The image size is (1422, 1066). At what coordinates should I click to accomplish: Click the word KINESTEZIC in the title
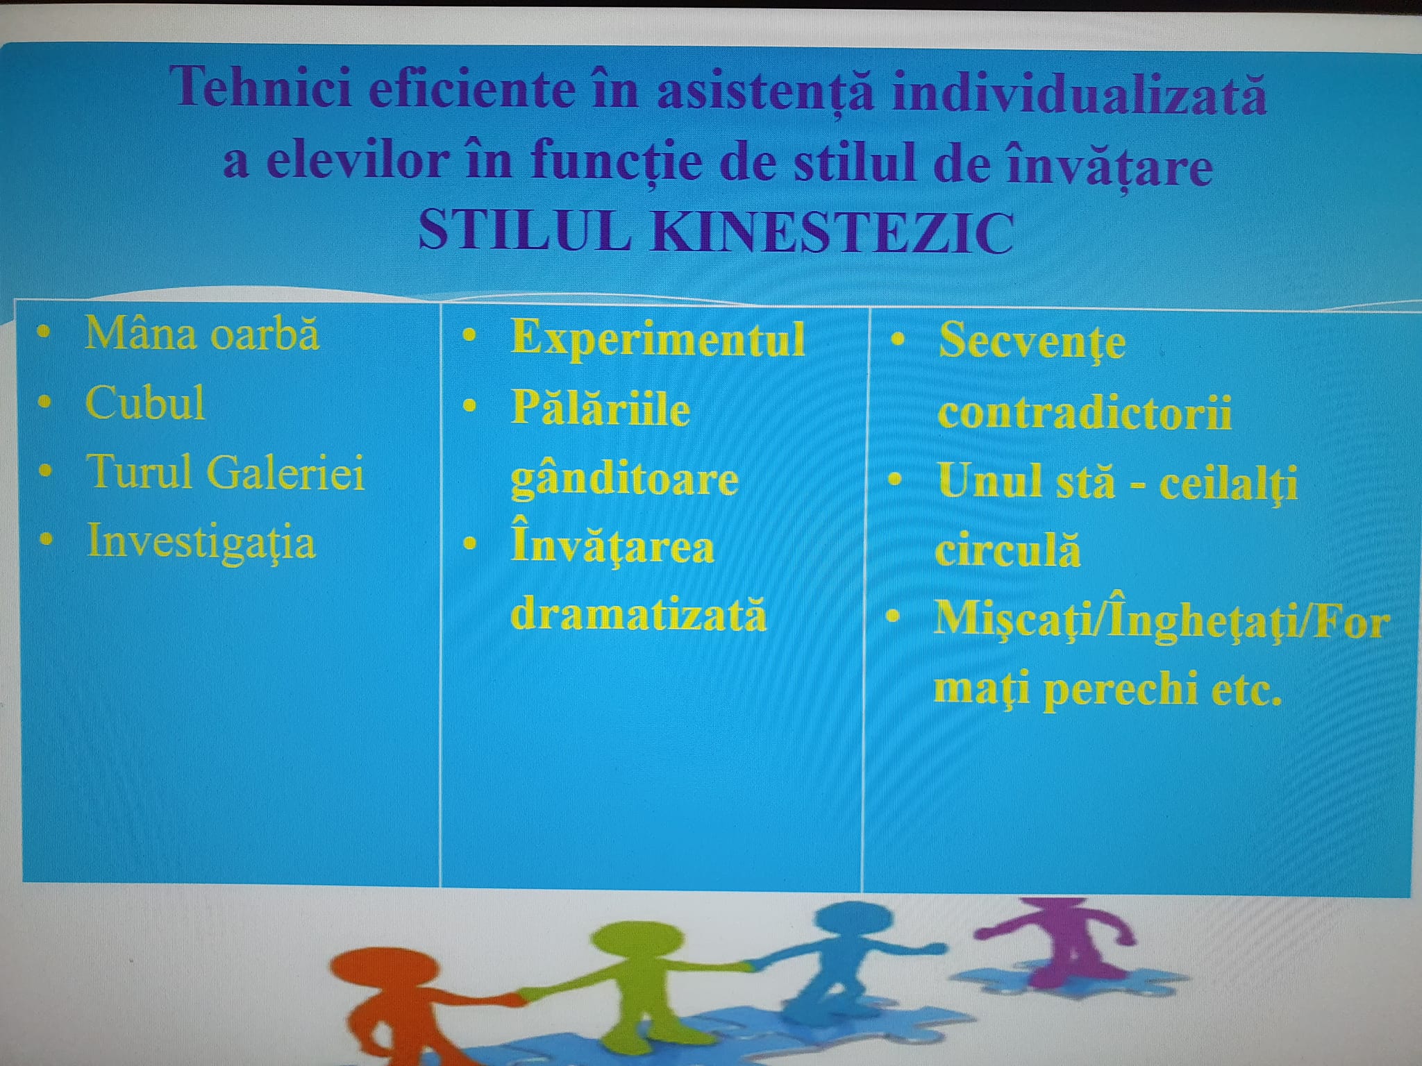coord(832,232)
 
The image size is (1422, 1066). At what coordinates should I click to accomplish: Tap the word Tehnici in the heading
coord(262,87)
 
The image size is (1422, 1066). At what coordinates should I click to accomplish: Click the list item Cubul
coord(145,403)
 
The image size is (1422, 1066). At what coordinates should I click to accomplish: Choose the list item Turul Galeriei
coord(226,472)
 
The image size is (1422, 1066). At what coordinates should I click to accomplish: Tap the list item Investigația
coord(201,543)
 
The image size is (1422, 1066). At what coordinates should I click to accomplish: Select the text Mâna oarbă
coord(202,334)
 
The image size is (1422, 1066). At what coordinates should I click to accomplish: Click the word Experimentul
coord(658,340)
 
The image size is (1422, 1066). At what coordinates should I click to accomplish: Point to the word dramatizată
coord(639,614)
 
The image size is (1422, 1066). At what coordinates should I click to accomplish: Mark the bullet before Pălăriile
coord(470,405)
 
